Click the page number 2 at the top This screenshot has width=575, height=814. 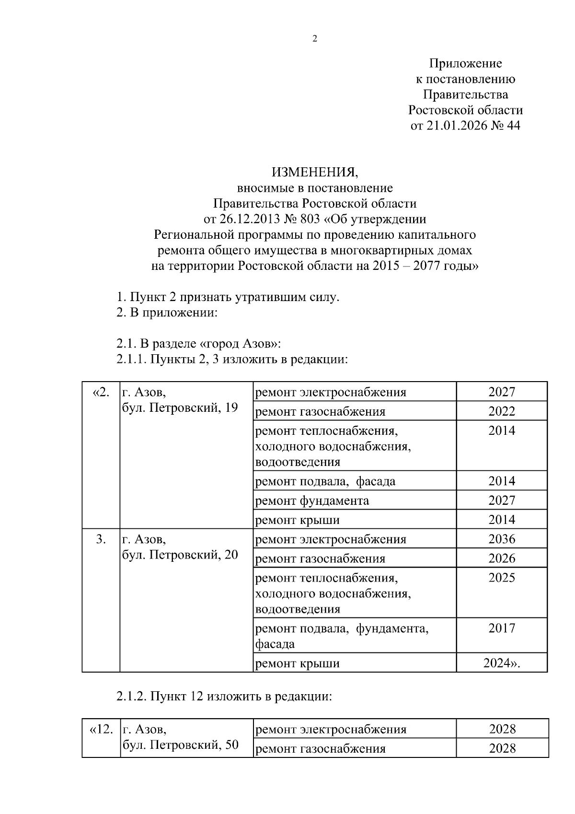(315, 39)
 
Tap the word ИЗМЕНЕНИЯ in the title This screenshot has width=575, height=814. (314, 172)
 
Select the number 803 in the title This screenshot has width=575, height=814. (310, 219)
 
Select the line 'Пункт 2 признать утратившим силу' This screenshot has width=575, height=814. (228, 297)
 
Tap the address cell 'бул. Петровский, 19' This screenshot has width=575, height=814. (180, 408)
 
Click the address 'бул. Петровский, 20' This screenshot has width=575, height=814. (180, 555)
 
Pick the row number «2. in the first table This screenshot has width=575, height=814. (101, 393)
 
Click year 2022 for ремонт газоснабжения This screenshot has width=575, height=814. (502, 411)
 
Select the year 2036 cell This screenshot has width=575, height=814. (502, 539)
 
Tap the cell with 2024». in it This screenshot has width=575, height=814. (501, 663)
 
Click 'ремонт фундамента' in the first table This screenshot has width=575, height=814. (312, 501)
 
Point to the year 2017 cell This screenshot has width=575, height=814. (502, 628)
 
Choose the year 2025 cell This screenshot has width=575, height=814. (502, 578)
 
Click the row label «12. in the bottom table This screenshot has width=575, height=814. (101, 730)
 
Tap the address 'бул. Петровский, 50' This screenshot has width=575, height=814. (181, 745)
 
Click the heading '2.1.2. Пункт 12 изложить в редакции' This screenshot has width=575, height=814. (224, 696)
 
